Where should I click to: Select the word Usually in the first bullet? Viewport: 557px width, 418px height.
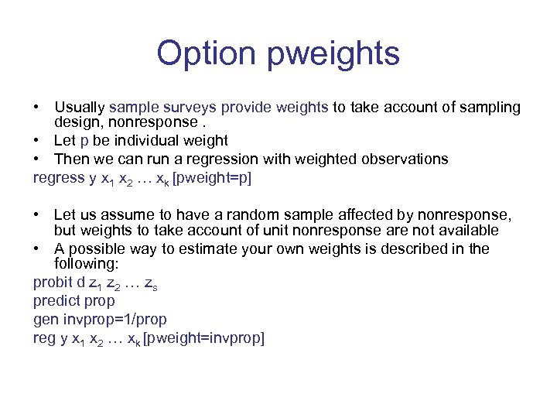pyautogui.click(x=80, y=108)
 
